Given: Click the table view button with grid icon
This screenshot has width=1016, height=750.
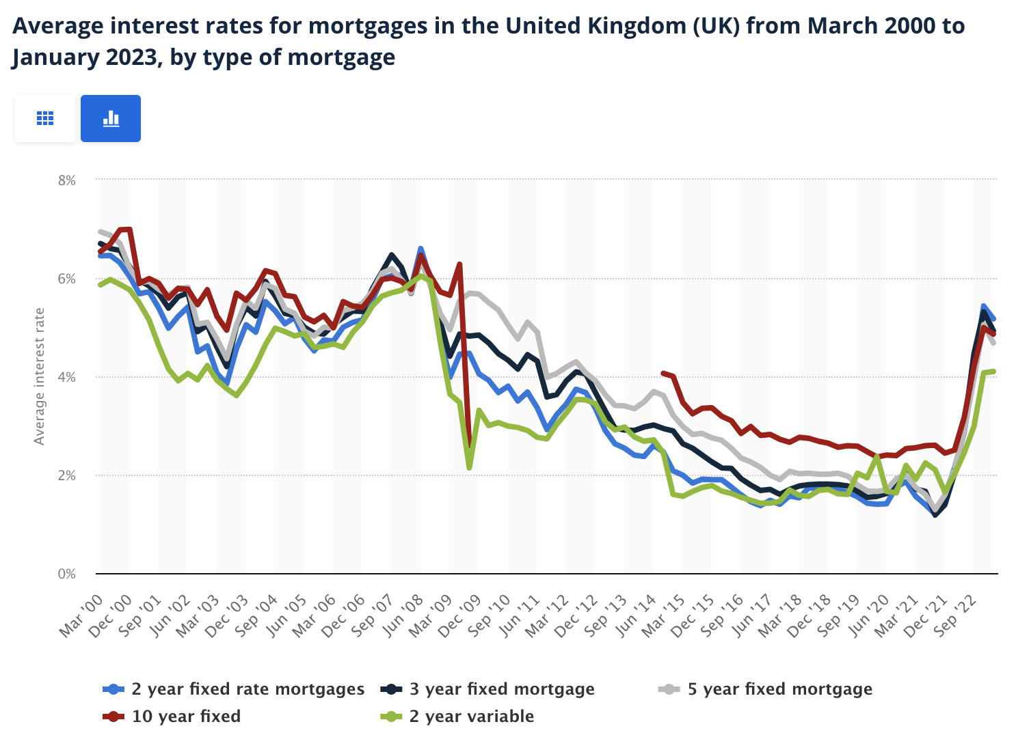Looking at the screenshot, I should [x=45, y=119].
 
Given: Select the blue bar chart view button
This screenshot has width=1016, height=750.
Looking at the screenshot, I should [x=111, y=119].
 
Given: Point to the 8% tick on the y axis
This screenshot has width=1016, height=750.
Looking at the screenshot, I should [x=66, y=180].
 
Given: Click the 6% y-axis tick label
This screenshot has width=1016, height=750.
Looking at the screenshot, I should [x=66, y=279].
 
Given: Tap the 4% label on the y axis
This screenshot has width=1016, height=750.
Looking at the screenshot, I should [x=66, y=377].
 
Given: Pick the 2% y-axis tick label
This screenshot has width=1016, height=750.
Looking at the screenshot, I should [x=66, y=475].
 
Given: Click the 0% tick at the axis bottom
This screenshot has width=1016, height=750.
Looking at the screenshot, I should [x=66, y=574].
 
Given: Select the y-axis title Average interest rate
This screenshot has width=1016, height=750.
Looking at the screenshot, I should [x=39, y=376].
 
